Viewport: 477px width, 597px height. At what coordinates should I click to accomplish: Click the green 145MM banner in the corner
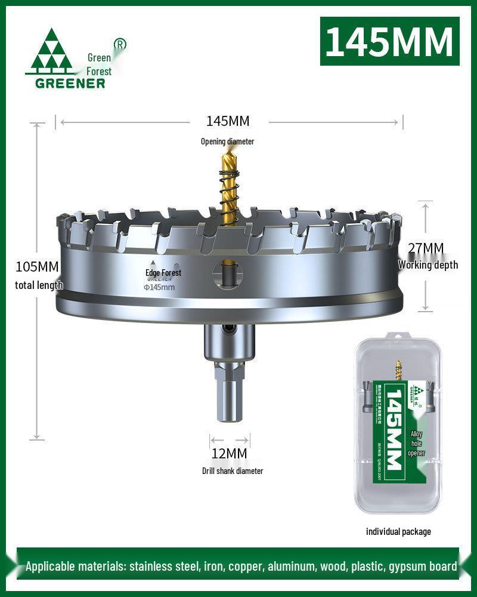390,41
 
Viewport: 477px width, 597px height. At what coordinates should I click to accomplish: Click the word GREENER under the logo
70,83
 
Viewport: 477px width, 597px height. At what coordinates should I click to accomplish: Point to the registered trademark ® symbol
120,44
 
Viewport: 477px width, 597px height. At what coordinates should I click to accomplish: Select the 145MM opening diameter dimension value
228,121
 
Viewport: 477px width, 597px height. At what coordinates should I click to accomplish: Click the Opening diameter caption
227,141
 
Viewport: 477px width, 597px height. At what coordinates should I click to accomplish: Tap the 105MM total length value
37,266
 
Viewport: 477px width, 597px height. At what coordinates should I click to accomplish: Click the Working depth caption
428,265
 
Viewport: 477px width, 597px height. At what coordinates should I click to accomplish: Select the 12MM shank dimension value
229,454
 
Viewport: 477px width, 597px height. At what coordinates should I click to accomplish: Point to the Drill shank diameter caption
232,471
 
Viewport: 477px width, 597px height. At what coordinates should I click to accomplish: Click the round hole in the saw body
228,274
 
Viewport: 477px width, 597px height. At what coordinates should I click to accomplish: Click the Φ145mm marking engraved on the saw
159,287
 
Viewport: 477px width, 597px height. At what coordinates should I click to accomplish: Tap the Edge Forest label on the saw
163,273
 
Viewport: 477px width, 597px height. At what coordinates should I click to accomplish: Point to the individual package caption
398,531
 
